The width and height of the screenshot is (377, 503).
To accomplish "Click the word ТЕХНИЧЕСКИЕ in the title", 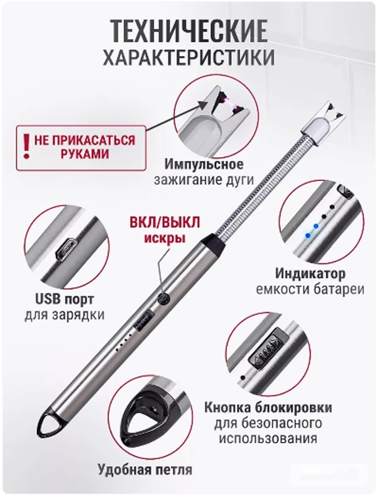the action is (190, 31).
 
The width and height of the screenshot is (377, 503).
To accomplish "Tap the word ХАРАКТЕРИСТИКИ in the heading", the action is (188, 58).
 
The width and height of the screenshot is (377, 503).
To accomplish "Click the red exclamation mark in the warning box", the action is (27, 147).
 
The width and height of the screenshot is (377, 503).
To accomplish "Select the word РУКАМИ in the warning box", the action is (85, 154).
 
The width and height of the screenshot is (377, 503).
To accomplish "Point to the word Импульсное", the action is (204, 165).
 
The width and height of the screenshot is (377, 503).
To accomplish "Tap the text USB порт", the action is (65, 299).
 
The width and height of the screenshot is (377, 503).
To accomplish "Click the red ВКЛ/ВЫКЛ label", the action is (165, 223).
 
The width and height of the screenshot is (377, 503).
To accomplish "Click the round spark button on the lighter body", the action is (163, 299).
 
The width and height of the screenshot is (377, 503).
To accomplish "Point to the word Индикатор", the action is (310, 274).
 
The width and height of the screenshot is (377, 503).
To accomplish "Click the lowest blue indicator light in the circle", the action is (308, 235).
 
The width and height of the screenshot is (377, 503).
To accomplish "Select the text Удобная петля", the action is (145, 470).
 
